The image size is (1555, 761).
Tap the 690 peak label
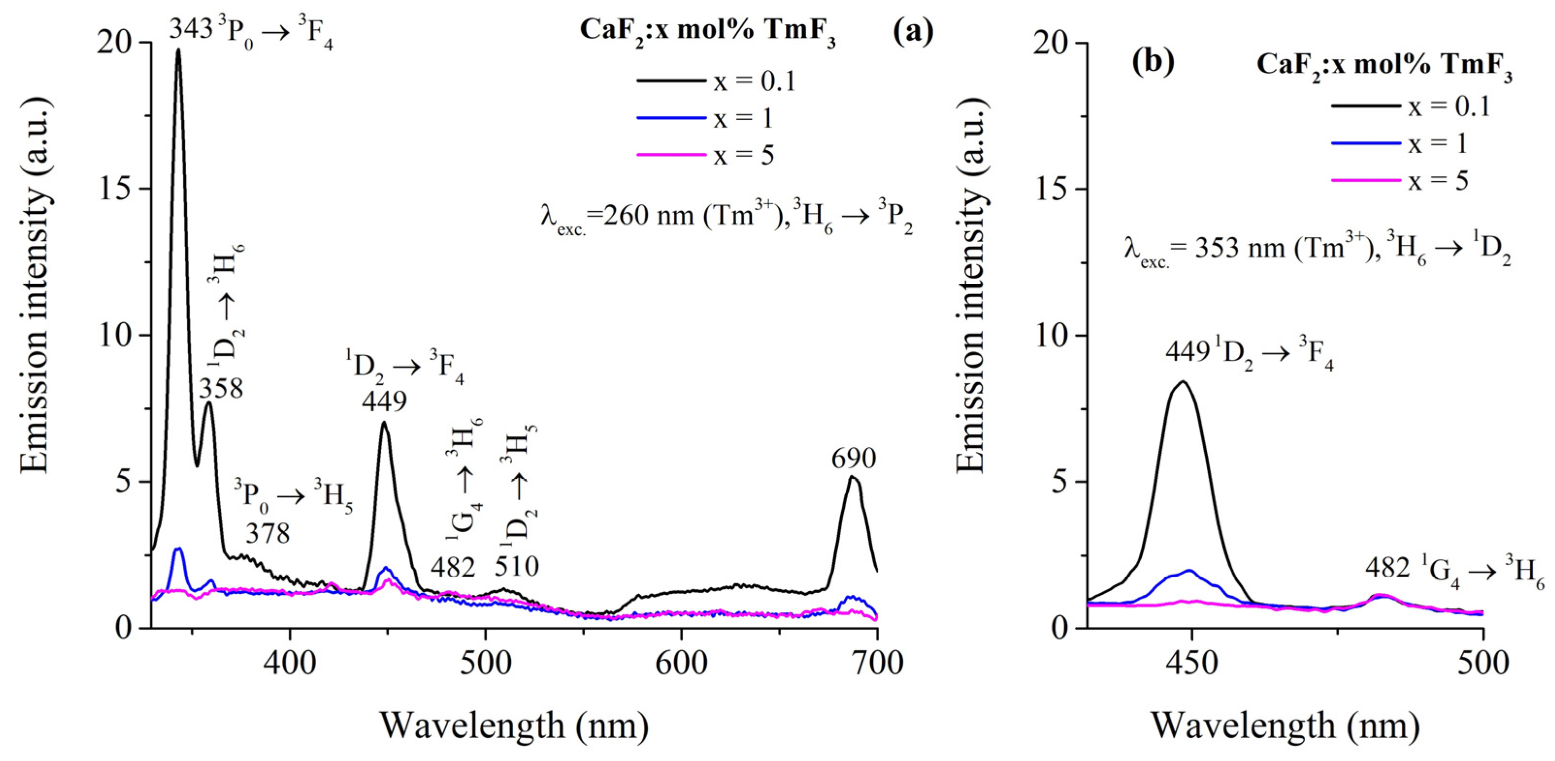[x=854, y=459]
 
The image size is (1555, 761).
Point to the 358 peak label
[x=222, y=389]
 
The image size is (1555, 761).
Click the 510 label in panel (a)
[x=517, y=566]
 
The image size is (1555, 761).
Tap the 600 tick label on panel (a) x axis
[x=681, y=663]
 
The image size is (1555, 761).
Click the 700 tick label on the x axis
[x=876, y=663]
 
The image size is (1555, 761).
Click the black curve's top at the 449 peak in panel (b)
[x=1183, y=381]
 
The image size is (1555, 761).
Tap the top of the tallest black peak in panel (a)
[x=178, y=49]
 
